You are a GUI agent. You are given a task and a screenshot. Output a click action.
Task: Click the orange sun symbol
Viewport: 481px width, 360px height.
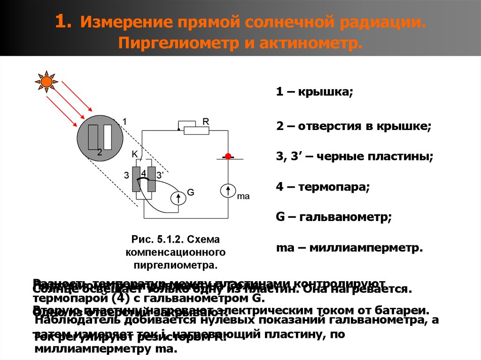click(x=47, y=82)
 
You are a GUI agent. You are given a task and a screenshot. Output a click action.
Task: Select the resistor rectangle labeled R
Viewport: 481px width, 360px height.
click(x=196, y=130)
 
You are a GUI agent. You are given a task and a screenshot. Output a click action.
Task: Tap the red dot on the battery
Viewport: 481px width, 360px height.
click(x=228, y=156)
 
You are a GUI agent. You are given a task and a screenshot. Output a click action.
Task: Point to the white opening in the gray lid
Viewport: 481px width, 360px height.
click(x=108, y=138)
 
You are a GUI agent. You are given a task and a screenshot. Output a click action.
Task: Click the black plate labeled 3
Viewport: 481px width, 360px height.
click(x=137, y=179)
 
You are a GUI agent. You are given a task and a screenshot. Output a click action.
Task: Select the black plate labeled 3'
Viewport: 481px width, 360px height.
click(x=151, y=179)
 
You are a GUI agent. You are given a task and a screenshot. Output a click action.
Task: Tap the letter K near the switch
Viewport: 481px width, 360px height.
click(x=134, y=154)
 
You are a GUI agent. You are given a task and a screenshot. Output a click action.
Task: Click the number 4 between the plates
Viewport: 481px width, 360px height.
click(x=144, y=173)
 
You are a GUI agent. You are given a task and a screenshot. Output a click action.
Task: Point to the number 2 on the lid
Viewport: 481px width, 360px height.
click(x=99, y=152)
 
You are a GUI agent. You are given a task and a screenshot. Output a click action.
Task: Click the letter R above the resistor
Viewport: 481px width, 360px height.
click(x=205, y=121)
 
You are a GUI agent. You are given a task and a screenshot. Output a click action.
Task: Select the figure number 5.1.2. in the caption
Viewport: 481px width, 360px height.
click(x=174, y=240)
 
